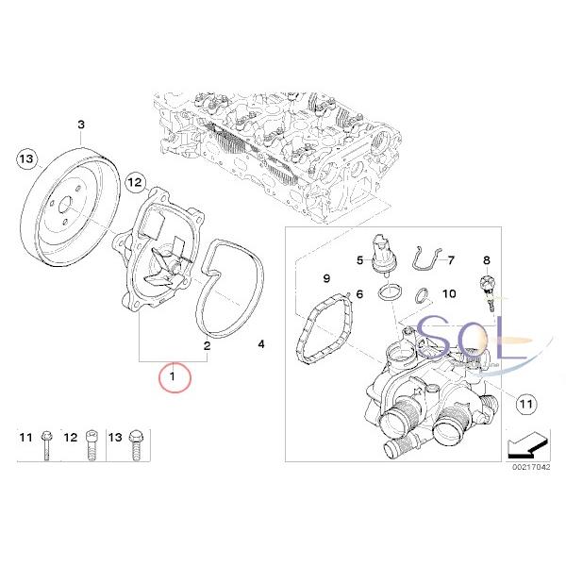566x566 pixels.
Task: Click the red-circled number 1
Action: [174, 380]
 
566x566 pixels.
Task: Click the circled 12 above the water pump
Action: [133, 180]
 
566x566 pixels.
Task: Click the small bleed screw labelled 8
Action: [488, 288]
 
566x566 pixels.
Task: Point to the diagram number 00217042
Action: [529, 490]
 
